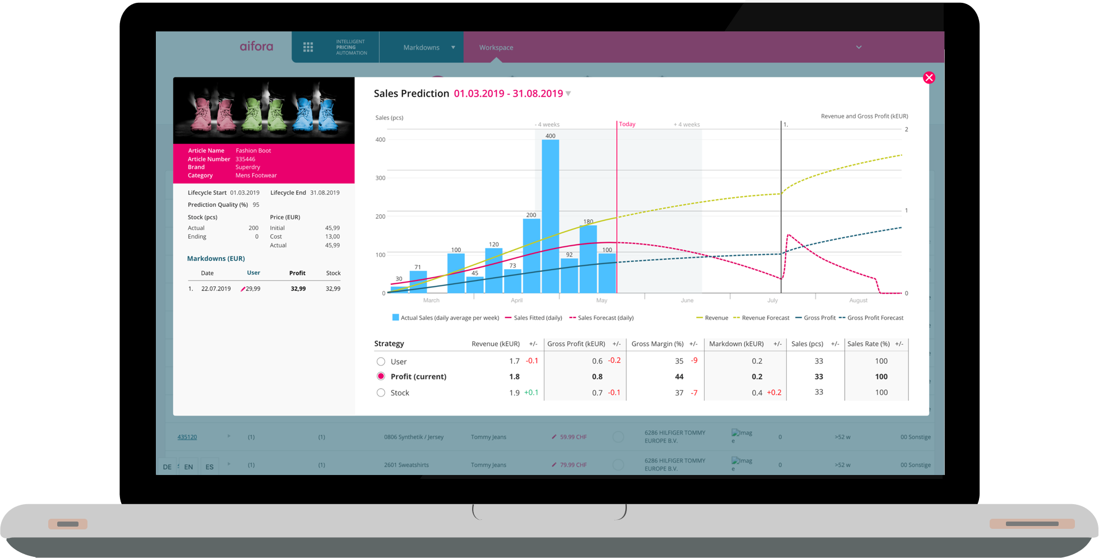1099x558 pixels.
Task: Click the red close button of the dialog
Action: point(929,78)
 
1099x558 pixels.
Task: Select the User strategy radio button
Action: point(381,362)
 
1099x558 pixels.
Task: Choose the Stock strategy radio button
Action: point(381,393)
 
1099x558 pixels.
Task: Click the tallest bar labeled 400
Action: point(550,216)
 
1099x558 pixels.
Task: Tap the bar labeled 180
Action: point(588,259)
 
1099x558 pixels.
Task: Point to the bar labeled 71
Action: point(418,282)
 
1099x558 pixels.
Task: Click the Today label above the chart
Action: point(627,124)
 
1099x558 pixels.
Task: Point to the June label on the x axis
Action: point(687,301)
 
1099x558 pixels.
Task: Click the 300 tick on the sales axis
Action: point(381,178)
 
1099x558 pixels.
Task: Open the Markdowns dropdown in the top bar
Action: point(428,48)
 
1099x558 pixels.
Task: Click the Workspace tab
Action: point(496,48)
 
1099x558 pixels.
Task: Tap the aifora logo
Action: point(256,47)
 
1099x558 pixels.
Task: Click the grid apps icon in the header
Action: point(308,47)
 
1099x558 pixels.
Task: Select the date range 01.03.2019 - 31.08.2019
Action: point(509,94)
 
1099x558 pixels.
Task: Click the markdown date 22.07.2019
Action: point(216,289)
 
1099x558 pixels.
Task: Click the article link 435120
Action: point(187,437)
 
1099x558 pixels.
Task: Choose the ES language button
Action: point(209,467)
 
